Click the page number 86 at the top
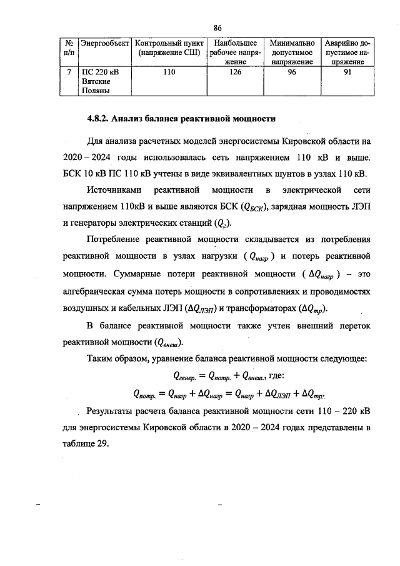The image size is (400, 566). (x=217, y=28)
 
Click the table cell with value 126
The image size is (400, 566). (x=233, y=73)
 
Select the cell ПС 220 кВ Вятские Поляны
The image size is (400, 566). (x=100, y=81)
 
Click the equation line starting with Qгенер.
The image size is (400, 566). (x=227, y=376)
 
